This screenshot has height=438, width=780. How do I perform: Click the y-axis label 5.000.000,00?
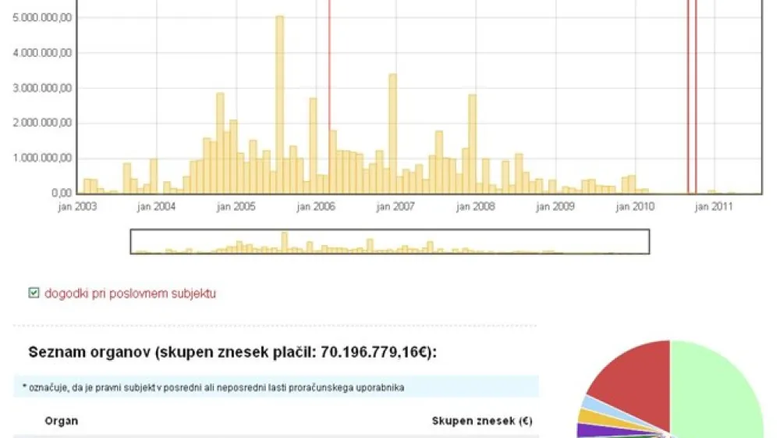click(43, 17)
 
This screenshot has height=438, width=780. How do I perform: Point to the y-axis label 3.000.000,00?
click(43, 88)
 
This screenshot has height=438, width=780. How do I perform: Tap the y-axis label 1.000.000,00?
click(43, 158)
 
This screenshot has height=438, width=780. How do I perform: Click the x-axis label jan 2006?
click(315, 207)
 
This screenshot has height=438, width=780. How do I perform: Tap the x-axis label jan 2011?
click(714, 207)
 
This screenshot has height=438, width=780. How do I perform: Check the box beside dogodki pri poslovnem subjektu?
click(34, 294)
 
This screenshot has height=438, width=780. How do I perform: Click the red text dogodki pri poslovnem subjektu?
click(130, 294)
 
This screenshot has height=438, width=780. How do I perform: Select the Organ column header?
click(61, 421)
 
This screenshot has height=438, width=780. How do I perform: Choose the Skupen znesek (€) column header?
click(482, 421)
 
